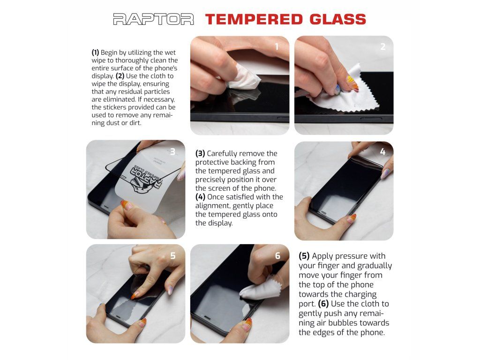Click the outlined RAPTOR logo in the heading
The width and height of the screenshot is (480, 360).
point(153,19)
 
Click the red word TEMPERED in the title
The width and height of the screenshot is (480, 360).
point(254,19)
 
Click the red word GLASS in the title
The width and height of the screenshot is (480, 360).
point(337,19)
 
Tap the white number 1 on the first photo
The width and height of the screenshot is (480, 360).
point(277,46)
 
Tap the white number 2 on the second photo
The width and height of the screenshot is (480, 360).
point(382,46)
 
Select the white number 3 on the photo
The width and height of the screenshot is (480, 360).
point(172,151)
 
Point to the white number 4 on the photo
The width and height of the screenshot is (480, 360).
point(382,151)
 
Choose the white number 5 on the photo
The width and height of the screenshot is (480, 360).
point(173,255)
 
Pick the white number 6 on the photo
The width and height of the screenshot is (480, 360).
point(277,255)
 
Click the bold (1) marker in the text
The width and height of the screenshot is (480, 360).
point(95,52)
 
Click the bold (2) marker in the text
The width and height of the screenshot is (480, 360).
point(120,76)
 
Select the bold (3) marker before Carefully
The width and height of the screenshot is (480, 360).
point(200,153)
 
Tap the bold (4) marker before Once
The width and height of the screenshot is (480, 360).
point(200,197)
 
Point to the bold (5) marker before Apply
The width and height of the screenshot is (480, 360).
point(304,256)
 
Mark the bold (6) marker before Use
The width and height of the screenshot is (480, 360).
point(323,304)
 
